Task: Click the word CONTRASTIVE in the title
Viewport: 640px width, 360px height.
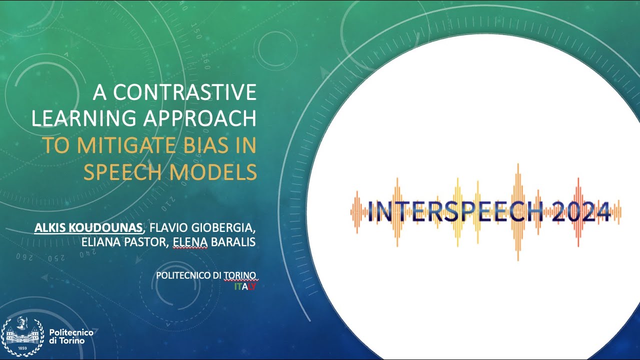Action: click(x=184, y=93)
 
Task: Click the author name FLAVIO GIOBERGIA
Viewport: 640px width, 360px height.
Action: click(x=201, y=228)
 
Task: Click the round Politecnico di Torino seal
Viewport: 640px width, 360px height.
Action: click(x=22, y=336)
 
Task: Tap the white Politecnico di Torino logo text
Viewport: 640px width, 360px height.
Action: click(x=67, y=336)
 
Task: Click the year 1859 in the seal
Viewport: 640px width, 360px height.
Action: click(x=22, y=347)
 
